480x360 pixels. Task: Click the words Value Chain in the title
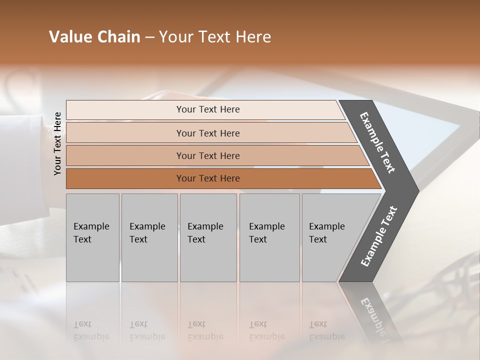click(x=94, y=37)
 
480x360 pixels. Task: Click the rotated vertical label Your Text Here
click(x=58, y=143)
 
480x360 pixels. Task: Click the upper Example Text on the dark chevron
click(x=377, y=142)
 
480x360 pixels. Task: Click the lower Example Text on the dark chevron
click(x=379, y=236)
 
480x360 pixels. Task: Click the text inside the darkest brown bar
click(x=208, y=178)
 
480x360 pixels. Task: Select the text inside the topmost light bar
click(x=208, y=109)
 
